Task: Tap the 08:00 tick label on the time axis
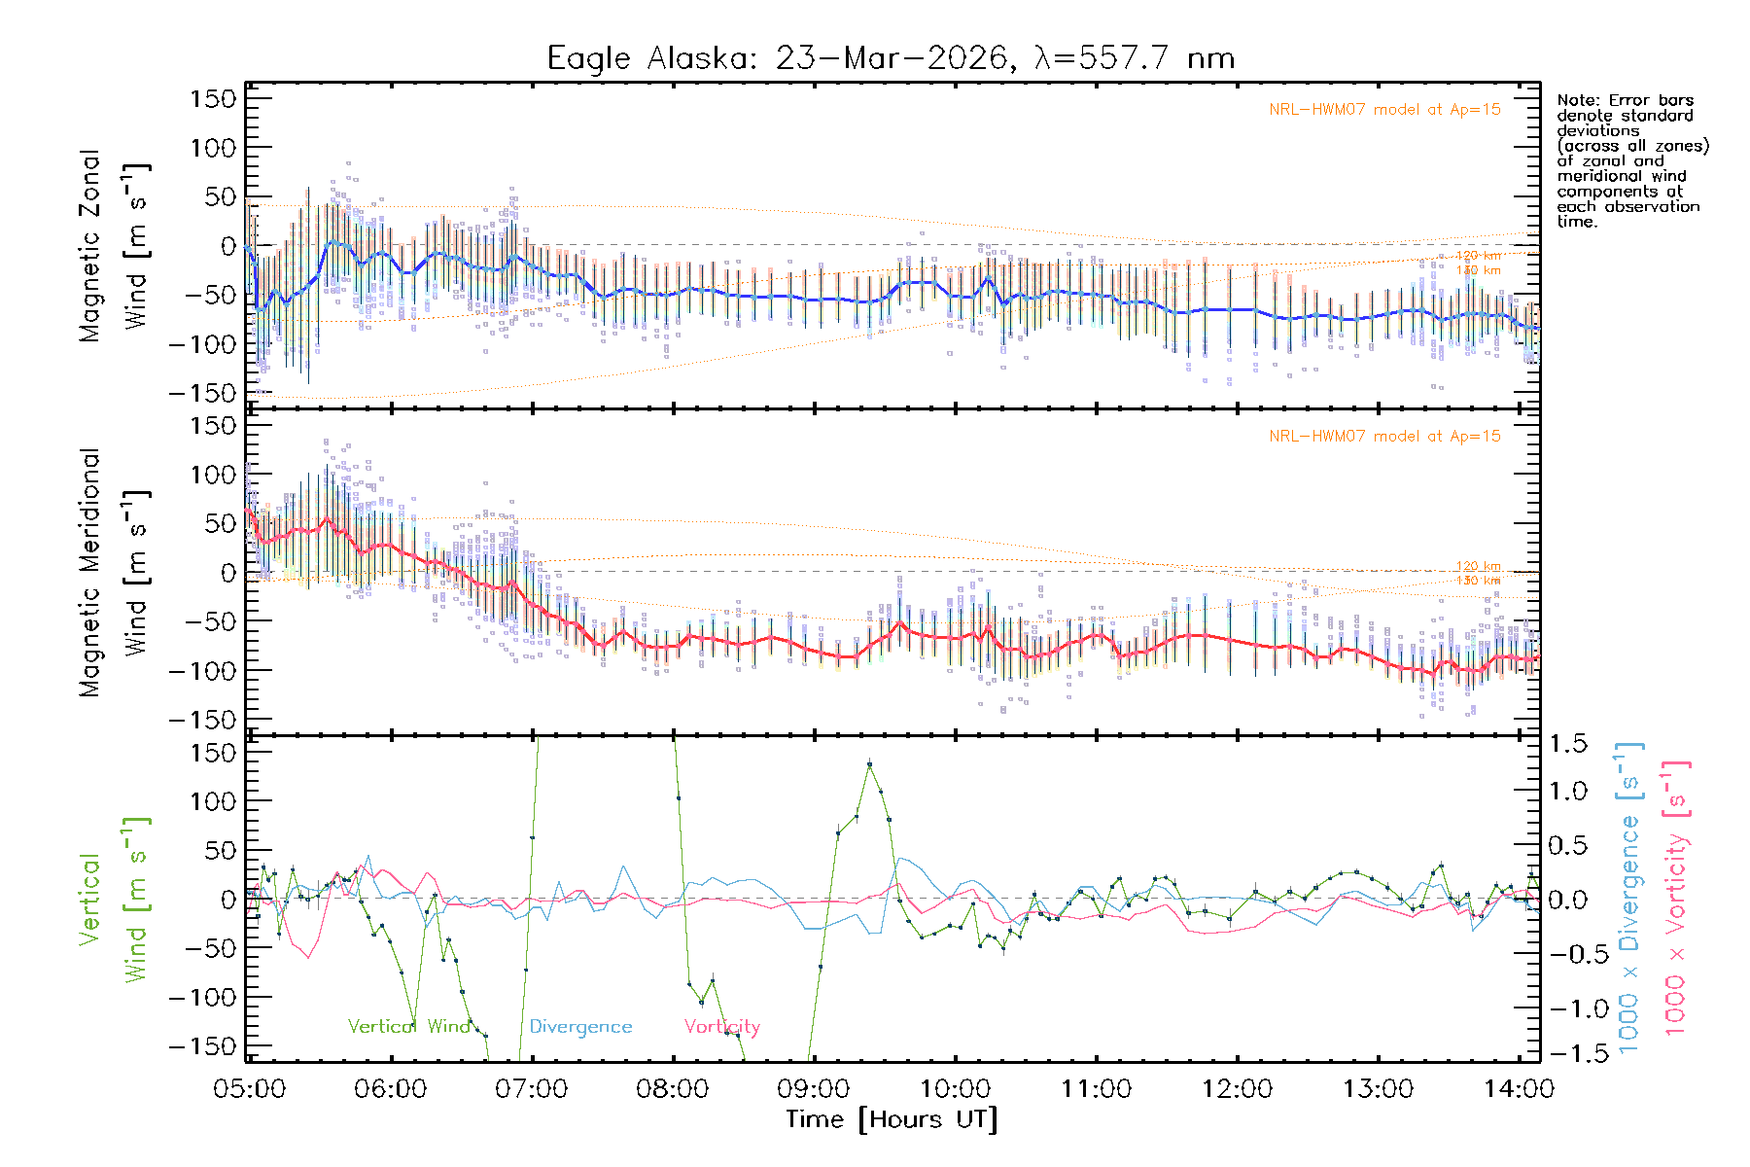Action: pyautogui.click(x=673, y=1089)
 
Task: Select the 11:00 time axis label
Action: pyautogui.click(x=1097, y=1089)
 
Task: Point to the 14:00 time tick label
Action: pyautogui.click(x=1520, y=1089)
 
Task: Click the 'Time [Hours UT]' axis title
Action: pyautogui.click(x=892, y=1119)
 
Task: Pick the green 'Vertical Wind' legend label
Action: pyautogui.click(x=409, y=1027)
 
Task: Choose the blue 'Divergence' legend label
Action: pyautogui.click(x=580, y=1027)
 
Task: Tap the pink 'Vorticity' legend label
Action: pyautogui.click(x=721, y=1027)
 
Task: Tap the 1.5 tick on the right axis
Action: pyautogui.click(x=1568, y=744)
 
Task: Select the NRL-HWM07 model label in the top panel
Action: pyautogui.click(x=1384, y=110)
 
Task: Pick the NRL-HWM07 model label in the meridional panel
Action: pyautogui.click(x=1384, y=437)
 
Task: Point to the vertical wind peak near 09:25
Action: pyautogui.click(x=869, y=765)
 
